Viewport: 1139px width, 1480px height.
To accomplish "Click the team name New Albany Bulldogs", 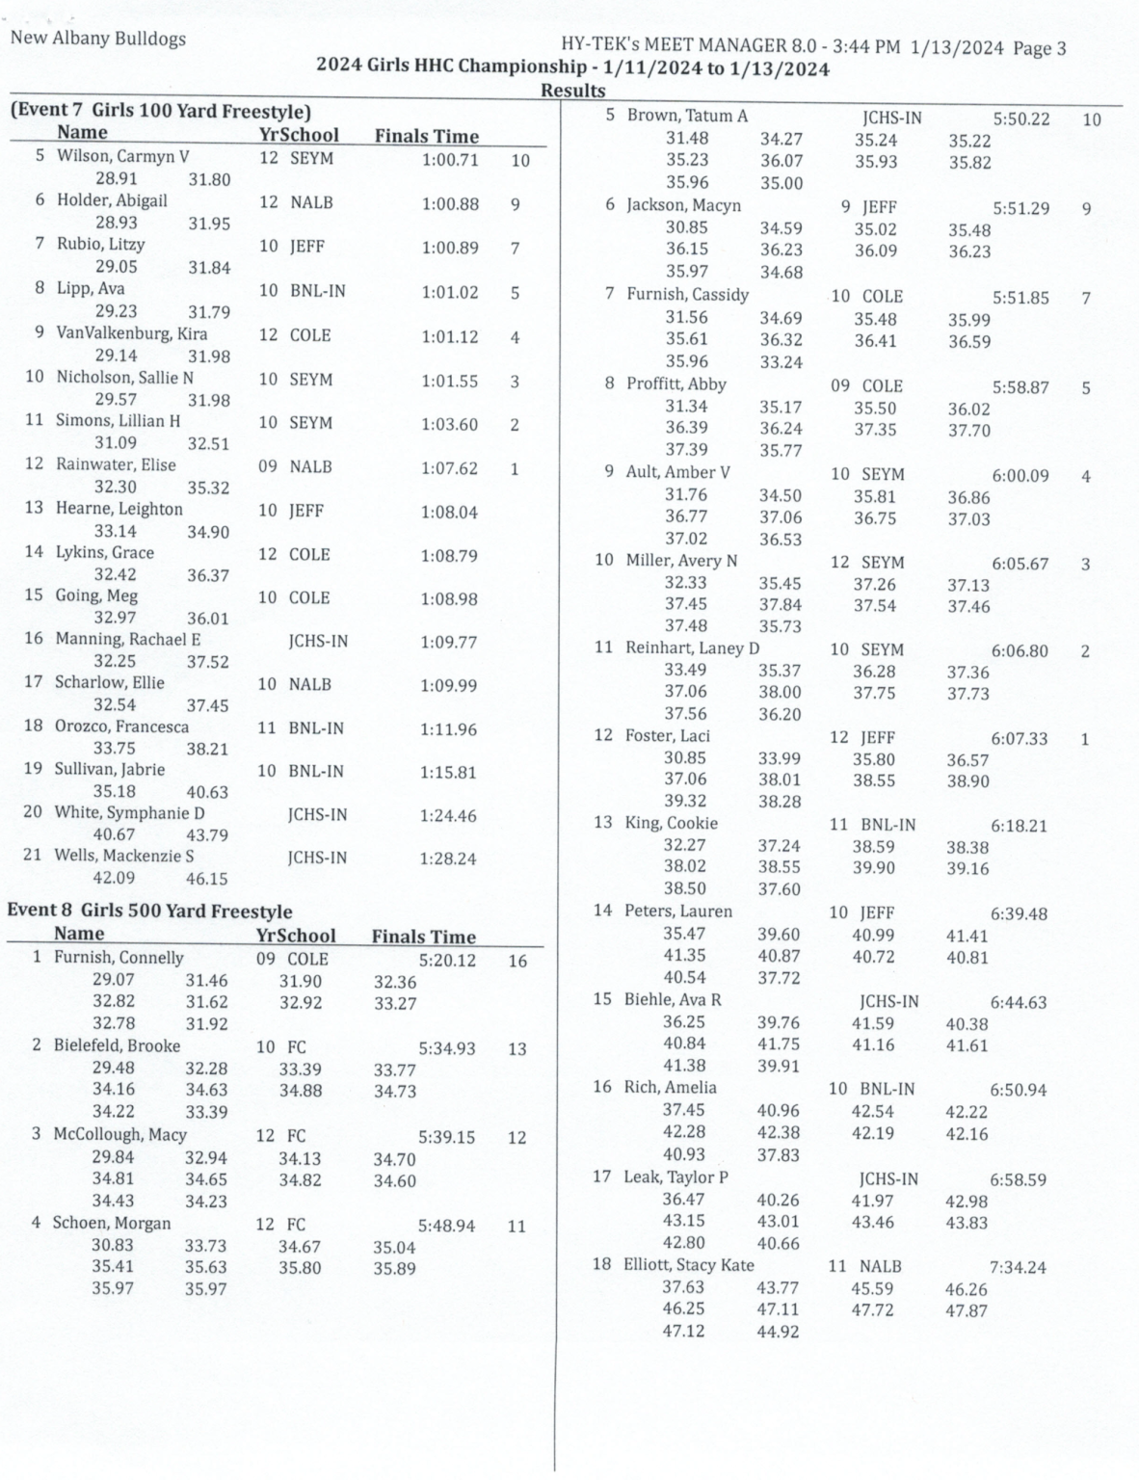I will coord(97,40).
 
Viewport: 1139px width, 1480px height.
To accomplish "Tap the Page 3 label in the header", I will coord(1039,48).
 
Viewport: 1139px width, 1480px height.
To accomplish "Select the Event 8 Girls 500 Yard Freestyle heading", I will coord(149,911).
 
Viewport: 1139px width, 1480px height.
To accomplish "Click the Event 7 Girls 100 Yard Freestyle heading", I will coord(161,111).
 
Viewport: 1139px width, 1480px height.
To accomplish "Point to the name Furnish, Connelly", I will coord(119,958).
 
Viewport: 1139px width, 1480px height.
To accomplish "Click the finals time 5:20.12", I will coord(447,961).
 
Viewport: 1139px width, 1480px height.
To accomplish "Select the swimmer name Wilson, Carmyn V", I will coord(122,156).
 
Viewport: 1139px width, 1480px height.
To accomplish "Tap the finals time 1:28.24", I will coord(447,859).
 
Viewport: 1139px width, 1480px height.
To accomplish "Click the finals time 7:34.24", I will coord(1018,1267).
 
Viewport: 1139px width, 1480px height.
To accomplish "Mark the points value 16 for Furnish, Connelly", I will coord(517,961).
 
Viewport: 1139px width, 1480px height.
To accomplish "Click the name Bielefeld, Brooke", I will coord(117,1046).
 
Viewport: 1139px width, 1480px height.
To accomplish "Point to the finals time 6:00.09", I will coord(1020,475).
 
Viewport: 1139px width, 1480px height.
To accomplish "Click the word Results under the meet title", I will coord(572,91).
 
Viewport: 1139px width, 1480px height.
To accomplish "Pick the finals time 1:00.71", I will coord(450,160).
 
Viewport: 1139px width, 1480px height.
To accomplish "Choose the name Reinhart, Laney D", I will coord(692,647).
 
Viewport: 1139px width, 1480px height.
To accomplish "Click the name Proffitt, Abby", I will coord(675,383).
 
